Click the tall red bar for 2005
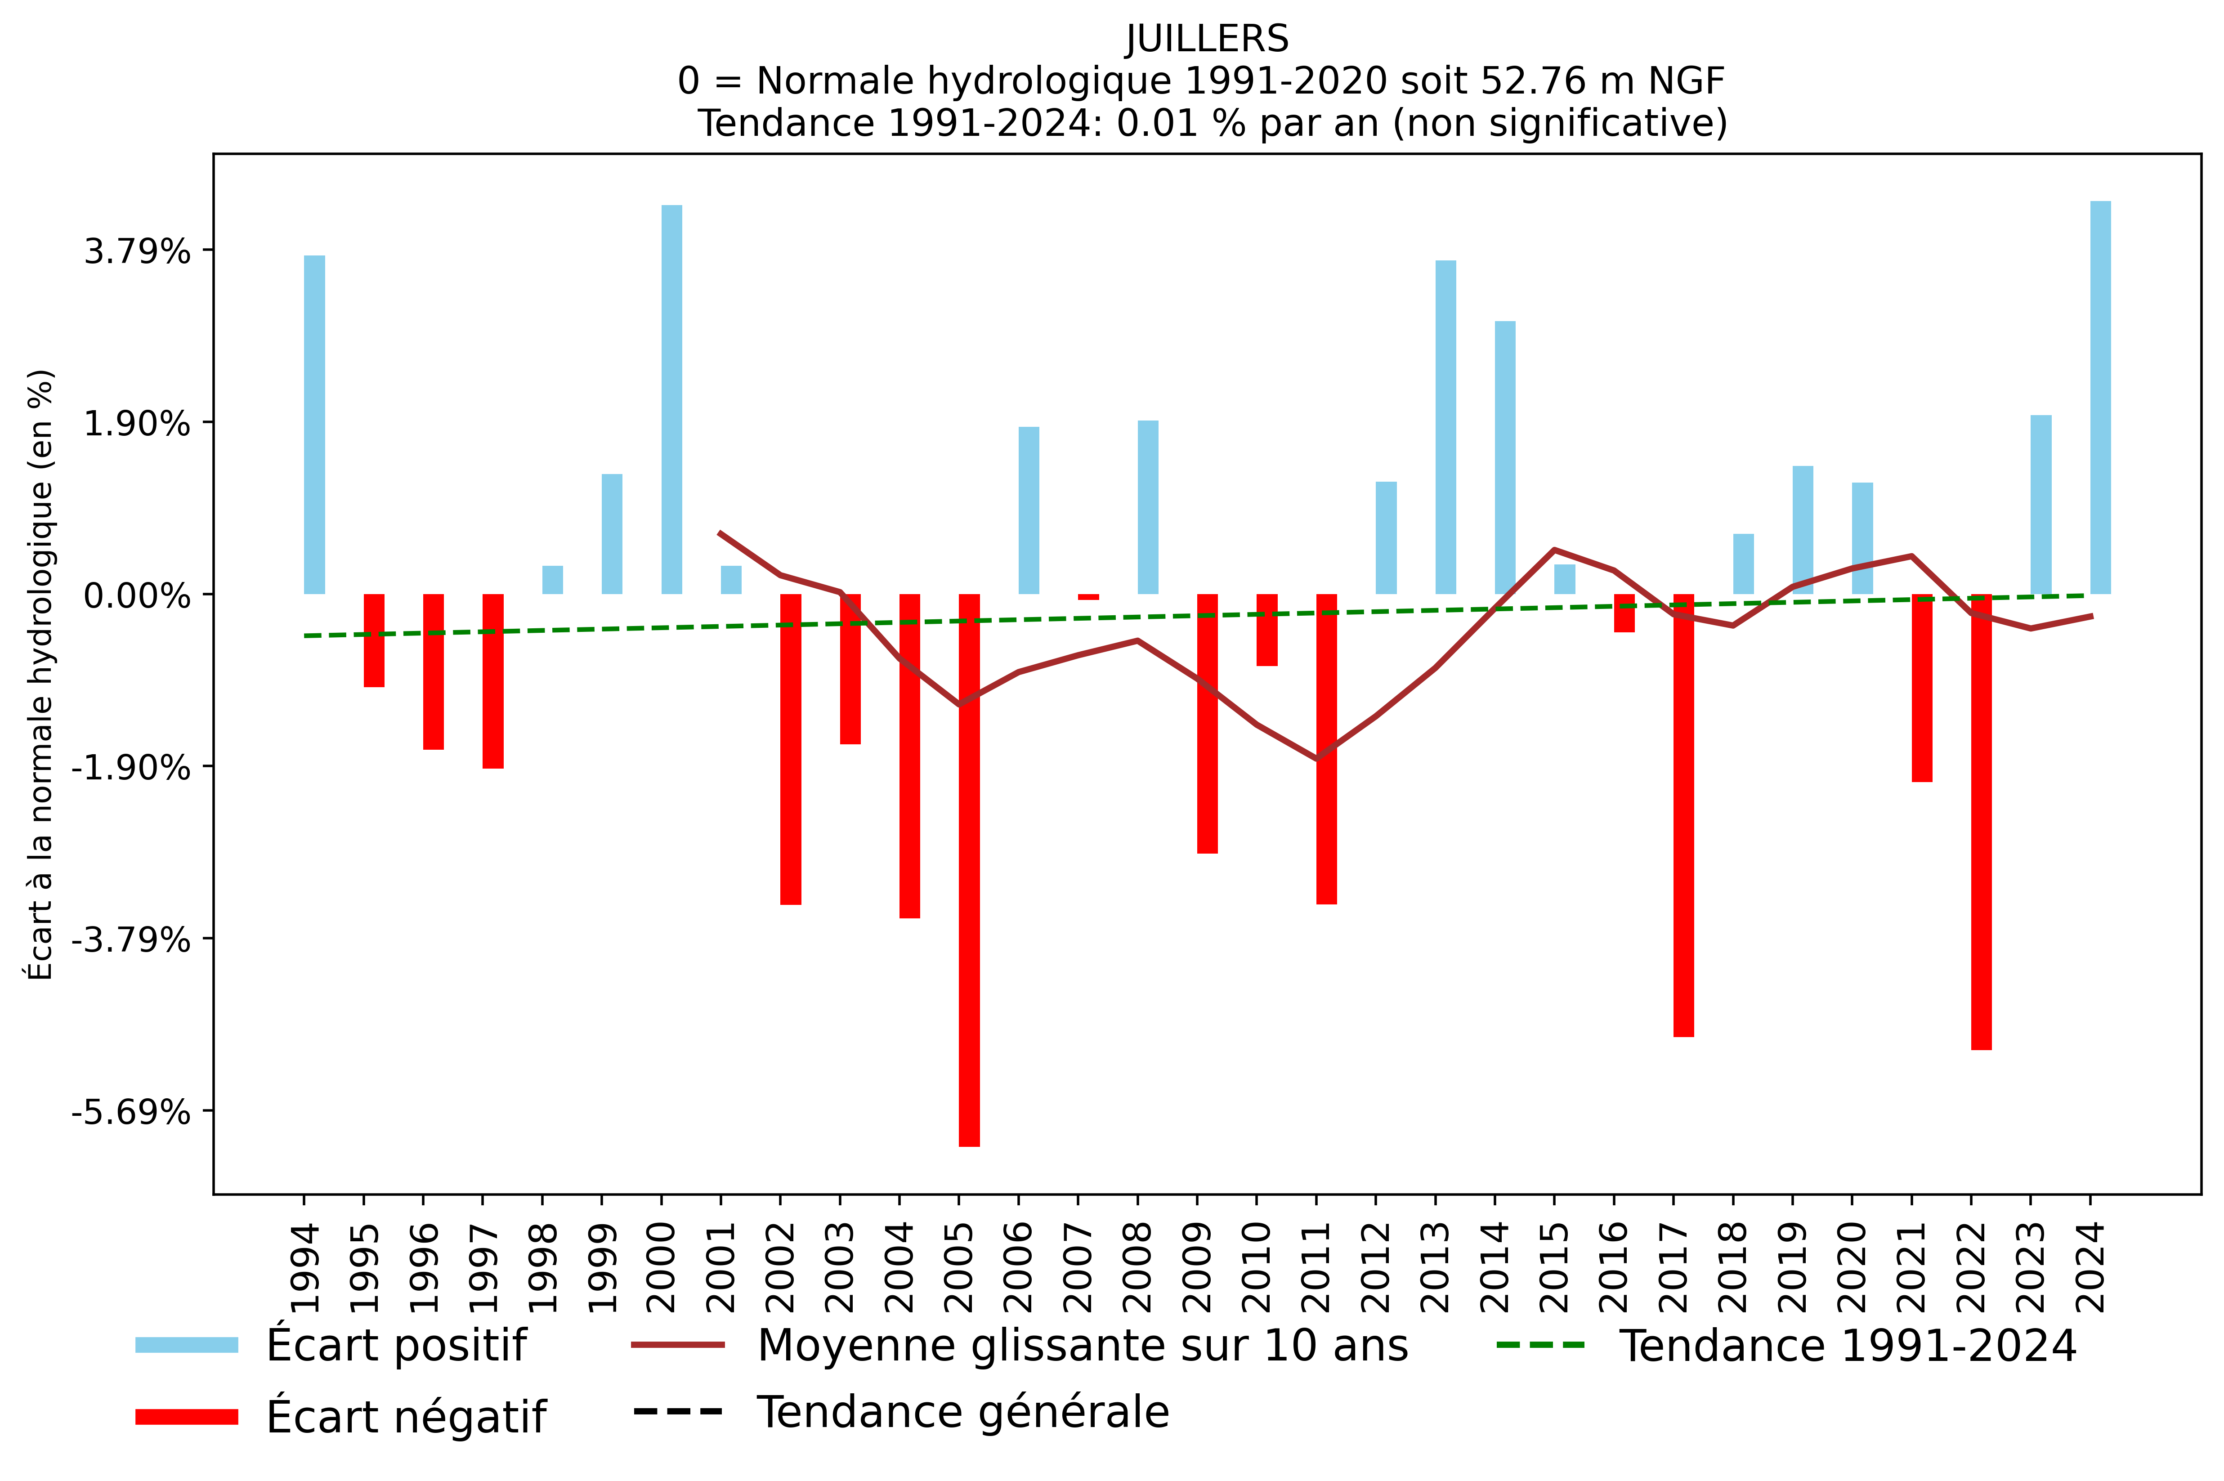click(x=969, y=869)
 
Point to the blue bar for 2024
click(x=2100, y=397)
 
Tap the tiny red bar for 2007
click(x=1088, y=597)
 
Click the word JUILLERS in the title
click(x=1207, y=39)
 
